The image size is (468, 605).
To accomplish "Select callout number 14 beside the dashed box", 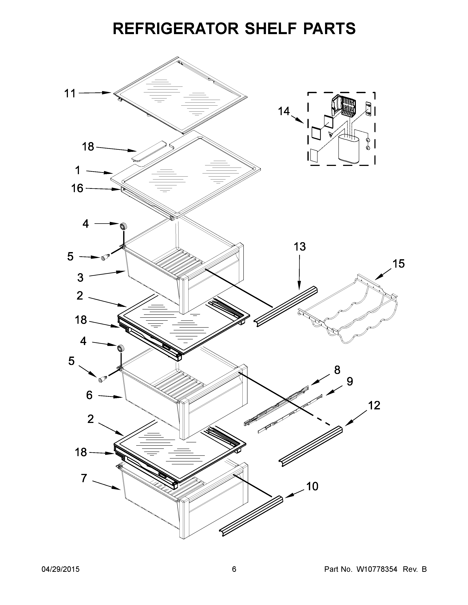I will tap(284, 111).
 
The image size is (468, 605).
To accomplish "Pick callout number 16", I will tap(77, 188).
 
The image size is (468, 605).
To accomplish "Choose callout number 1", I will tap(78, 170).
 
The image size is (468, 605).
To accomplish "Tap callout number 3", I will tap(80, 277).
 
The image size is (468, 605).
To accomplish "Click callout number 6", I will tap(89, 395).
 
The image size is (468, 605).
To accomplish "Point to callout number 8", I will tap(337, 370).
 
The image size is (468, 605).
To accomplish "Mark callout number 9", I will tap(350, 382).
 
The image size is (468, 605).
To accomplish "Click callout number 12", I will tap(374, 405).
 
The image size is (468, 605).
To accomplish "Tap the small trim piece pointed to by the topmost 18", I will tap(149, 150).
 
